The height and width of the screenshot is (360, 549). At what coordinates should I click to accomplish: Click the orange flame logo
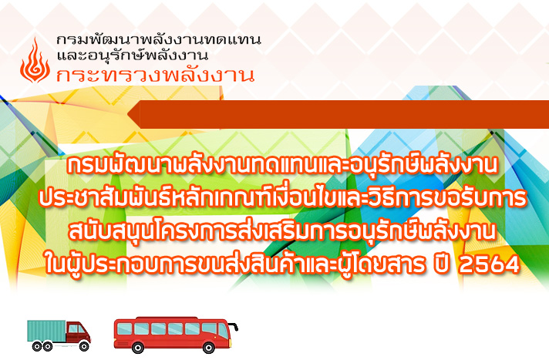point(35,61)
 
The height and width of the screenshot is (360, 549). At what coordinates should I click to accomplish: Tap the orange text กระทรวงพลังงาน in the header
point(155,74)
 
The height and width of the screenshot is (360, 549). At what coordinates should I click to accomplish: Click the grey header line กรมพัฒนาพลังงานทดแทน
point(159,39)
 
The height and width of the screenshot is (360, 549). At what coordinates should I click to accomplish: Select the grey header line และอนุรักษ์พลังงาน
point(133,55)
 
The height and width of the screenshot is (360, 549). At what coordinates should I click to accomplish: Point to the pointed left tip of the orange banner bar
point(128,114)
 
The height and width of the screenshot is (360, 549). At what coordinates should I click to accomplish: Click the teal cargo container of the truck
point(47,330)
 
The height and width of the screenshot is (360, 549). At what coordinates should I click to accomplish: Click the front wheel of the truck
point(84,346)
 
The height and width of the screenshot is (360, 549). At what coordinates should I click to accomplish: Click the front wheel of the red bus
point(209,348)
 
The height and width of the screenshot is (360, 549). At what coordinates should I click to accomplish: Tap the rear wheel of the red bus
point(137,348)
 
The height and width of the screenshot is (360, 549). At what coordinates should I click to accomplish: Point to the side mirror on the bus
point(236,328)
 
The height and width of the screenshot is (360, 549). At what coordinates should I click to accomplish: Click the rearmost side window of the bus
point(124,329)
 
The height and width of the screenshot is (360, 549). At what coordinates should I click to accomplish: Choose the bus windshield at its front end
point(223,330)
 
